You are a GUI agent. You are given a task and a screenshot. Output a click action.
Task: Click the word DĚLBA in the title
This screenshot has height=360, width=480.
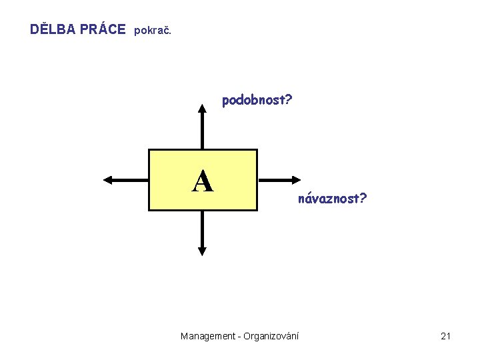tap(53, 29)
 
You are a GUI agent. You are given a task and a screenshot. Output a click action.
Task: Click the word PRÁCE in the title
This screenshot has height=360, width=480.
tap(102, 29)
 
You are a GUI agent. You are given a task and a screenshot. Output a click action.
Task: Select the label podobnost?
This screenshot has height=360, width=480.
tap(257, 101)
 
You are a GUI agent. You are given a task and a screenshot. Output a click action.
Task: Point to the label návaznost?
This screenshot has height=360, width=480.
tap(332, 199)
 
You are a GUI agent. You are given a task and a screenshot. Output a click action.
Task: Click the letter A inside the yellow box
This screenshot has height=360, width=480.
tap(203, 181)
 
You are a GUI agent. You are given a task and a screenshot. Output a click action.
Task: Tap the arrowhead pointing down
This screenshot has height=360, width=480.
tap(203, 251)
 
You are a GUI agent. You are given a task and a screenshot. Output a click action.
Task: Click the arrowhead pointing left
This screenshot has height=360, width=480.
tap(108, 179)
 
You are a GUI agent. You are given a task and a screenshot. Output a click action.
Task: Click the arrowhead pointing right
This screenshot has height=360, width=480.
tap(297, 179)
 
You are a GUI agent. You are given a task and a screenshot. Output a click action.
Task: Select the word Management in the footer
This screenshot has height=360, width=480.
tap(207, 336)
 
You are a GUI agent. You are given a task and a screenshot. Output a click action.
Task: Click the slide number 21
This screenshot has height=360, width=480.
tap(446, 336)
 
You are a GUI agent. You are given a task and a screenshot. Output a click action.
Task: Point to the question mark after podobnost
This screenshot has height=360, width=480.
tap(289, 101)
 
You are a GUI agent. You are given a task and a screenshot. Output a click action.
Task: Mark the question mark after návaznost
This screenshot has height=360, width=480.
tap(363, 198)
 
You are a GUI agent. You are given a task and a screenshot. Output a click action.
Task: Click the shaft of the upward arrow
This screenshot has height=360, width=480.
tap(203, 130)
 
